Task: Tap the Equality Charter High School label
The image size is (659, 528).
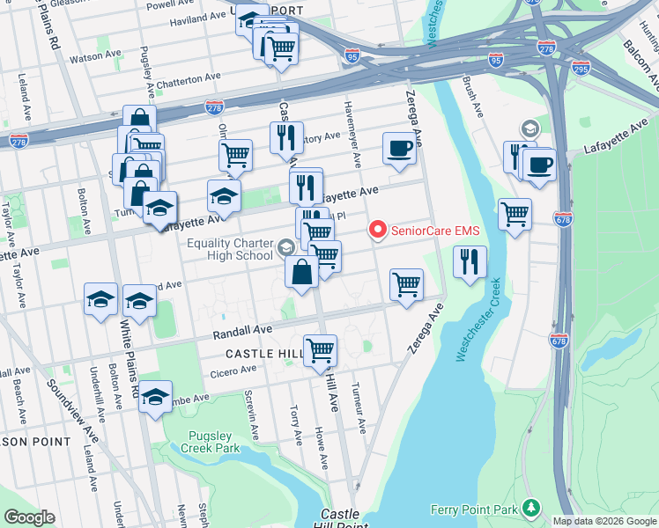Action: [x=229, y=250]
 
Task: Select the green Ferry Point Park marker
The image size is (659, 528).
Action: [x=530, y=508]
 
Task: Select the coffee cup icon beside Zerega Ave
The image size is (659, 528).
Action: [x=399, y=148]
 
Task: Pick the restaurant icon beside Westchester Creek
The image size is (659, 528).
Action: [x=470, y=262]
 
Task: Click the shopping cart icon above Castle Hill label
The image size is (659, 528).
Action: [x=320, y=349]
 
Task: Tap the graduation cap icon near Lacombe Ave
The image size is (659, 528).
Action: [x=156, y=397]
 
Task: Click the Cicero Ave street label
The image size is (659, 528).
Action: [x=233, y=373]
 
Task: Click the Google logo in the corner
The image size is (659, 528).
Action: [x=29, y=517]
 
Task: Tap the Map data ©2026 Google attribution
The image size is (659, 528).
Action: [x=604, y=521]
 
